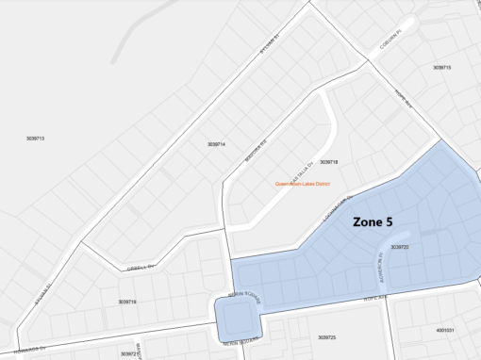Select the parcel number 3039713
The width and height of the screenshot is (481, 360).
pyautogui.click(x=36, y=139)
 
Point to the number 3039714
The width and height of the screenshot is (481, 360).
pyautogui.click(x=216, y=144)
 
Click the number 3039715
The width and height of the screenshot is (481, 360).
pyautogui.click(x=442, y=68)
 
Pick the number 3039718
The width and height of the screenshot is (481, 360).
pyautogui.click(x=328, y=162)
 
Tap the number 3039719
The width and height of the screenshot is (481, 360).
pyautogui.click(x=127, y=302)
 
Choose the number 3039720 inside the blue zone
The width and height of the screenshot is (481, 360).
pyautogui.click(x=399, y=247)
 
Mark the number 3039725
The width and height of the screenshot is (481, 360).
pyautogui.click(x=327, y=337)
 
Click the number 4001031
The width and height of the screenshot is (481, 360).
pyautogui.click(x=445, y=331)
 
